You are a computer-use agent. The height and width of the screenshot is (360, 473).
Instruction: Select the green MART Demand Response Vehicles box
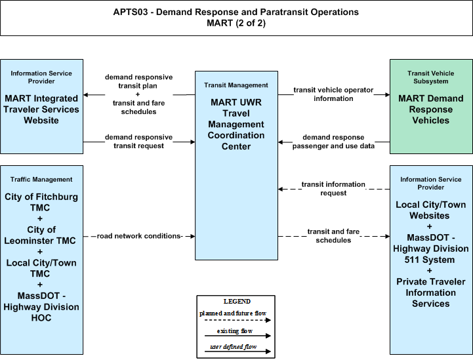(431, 106)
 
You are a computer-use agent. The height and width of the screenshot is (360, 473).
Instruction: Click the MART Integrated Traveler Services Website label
(41, 109)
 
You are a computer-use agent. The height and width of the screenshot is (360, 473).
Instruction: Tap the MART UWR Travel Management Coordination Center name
(236, 124)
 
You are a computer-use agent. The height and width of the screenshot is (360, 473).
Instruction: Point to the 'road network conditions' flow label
(139, 236)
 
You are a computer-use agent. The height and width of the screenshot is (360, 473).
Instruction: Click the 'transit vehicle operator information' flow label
(333, 94)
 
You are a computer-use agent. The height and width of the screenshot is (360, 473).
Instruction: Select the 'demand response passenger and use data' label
(333, 142)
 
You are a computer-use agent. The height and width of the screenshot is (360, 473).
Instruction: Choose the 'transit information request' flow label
(333, 188)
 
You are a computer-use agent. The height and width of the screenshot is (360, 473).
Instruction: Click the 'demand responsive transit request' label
(139, 141)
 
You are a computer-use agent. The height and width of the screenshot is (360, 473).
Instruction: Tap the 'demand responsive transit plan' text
(139, 81)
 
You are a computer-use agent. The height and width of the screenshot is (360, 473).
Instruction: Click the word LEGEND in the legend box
(237, 301)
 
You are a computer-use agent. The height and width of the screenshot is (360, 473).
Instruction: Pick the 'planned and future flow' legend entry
(233, 313)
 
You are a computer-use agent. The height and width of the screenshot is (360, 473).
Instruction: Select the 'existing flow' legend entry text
(235, 330)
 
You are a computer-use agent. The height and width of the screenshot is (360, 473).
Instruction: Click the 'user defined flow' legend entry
(233, 347)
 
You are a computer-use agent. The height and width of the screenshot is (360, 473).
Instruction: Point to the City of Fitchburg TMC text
(41, 202)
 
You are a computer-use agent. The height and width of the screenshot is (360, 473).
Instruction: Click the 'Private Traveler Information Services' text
(431, 292)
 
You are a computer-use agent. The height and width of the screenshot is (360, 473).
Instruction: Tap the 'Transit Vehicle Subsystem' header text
(431, 77)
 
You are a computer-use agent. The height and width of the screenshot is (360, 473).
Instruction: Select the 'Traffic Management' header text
(41, 180)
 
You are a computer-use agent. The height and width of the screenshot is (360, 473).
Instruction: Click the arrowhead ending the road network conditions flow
(193, 236)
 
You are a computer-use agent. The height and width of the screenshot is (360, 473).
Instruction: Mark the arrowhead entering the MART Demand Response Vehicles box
(387, 94)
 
